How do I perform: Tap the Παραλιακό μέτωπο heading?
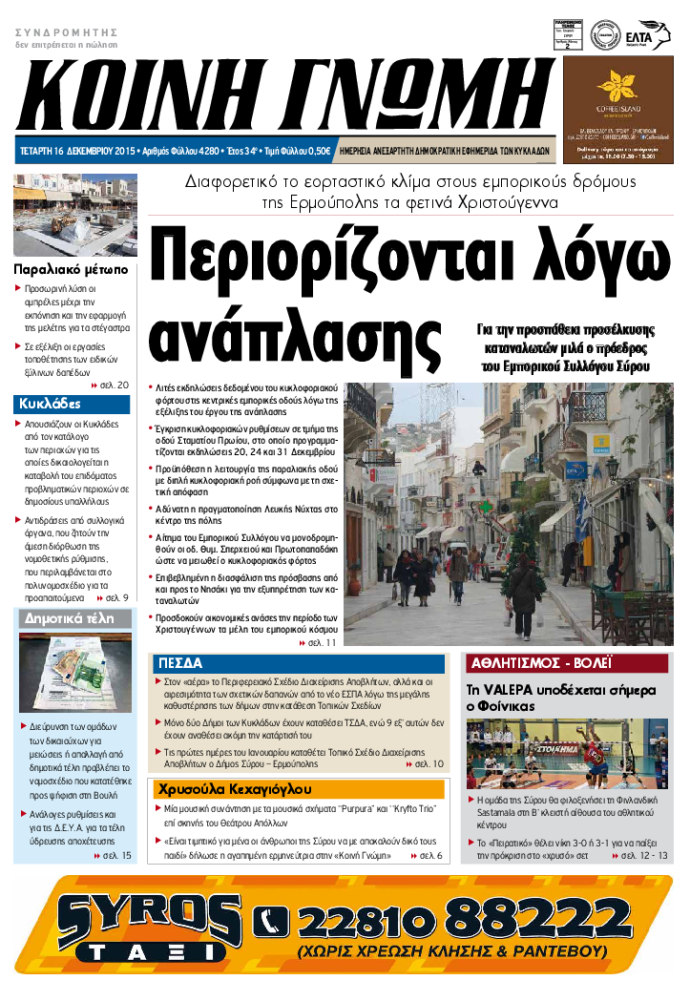[72, 269]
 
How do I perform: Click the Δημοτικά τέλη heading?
[67, 619]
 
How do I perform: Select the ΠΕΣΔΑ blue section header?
[180, 663]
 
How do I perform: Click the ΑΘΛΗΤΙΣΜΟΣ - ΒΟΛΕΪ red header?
[541, 662]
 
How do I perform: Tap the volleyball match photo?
[567, 754]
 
